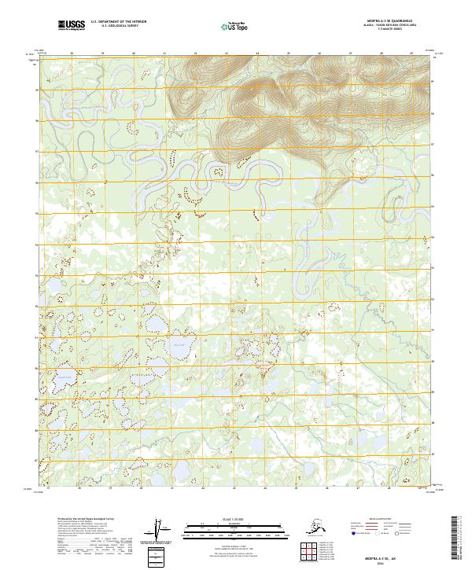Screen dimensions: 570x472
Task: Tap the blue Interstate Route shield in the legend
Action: pos(352,535)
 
